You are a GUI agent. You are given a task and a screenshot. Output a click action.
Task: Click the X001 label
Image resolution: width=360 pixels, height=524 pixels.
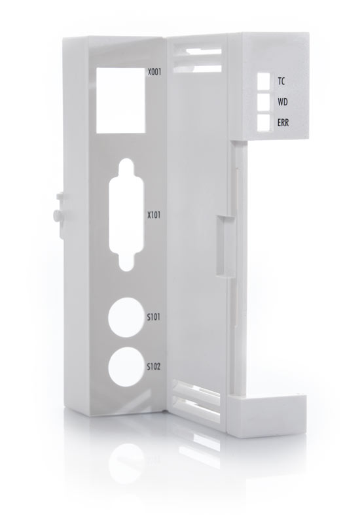[x=154, y=72]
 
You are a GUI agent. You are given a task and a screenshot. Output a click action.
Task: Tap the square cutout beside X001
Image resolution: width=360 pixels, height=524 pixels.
[x=121, y=100]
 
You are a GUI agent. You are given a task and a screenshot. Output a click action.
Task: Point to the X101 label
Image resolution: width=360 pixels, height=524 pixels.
[x=154, y=215]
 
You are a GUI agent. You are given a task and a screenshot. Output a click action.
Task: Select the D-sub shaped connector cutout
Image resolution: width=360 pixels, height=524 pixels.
[x=126, y=215]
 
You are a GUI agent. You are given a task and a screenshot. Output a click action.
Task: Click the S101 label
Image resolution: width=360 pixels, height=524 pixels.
[x=153, y=317]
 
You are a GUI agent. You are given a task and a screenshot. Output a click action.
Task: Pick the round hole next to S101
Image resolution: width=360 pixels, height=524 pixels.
[x=125, y=317]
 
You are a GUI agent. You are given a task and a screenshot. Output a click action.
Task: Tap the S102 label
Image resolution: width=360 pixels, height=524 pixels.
[x=154, y=366]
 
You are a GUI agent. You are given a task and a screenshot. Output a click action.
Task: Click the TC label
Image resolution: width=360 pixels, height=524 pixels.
[x=281, y=81]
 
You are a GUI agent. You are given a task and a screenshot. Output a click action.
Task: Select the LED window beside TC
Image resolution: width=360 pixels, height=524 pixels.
[x=263, y=81]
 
